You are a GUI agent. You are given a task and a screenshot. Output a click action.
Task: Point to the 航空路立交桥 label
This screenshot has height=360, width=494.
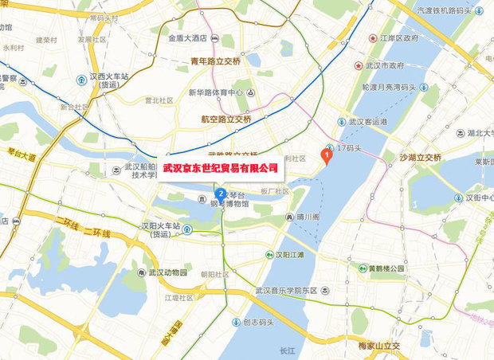click(x=225, y=118)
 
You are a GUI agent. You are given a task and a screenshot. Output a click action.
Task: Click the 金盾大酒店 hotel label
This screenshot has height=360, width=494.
click(x=187, y=37)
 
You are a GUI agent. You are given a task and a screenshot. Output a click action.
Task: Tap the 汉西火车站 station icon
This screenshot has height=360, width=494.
click(x=82, y=78)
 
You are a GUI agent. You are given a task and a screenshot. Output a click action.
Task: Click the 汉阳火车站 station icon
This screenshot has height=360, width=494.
click(x=186, y=230)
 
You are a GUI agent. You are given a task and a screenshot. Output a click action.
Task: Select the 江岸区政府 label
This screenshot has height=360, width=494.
click(x=399, y=37)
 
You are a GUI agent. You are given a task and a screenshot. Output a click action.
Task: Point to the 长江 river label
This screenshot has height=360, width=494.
click(x=288, y=350)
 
